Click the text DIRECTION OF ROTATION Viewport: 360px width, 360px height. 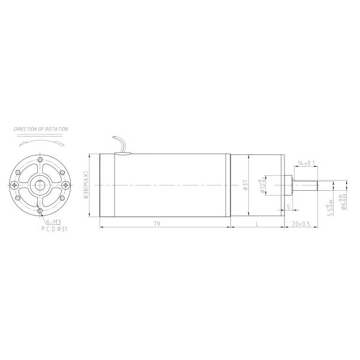[x=41, y=129]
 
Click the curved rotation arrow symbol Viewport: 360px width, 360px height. [x=40, y=143]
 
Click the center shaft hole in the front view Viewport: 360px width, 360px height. [x=40, y=184]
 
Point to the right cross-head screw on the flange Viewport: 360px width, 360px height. [x=68, y=185]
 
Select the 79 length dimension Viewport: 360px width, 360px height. [x=156, y=224]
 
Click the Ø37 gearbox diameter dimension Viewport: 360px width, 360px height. [x=245, y=185]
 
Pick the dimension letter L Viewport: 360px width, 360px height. [x=257, y=224]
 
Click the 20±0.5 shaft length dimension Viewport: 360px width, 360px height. [x=301, y=224]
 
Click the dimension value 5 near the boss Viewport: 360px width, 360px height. [x=289, y=207]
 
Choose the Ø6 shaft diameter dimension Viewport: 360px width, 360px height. [x=343, y=202]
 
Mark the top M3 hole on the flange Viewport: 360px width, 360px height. [x=40, y=160]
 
